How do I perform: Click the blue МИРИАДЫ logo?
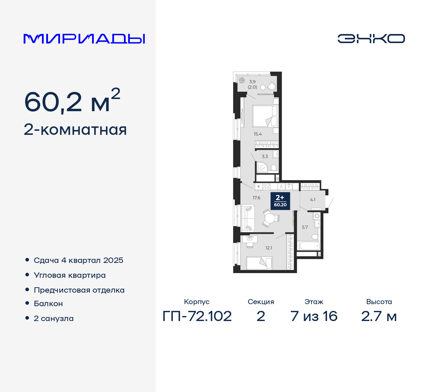tap(84, 39)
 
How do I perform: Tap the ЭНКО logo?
tap(371, 39)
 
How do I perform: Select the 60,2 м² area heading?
tap(72, 101)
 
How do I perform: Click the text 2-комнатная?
tap(75, 130)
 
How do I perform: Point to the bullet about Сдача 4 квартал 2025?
tap(78, 260)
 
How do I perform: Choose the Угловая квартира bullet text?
tap(70, 275)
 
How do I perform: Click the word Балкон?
tap(48, 303)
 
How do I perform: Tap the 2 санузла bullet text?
tap(54, 318)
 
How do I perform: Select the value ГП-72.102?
tap(197, 316)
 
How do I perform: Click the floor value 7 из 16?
tap(314, 316)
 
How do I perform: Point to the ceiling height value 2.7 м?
tap(379, 316)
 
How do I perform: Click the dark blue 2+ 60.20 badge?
tap(280, 200)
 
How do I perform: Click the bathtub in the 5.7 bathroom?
tap(309, 246)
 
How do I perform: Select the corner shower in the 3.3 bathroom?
tap(262, 167)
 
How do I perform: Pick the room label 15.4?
tap(258, 134)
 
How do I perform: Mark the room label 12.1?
tap(269, 248)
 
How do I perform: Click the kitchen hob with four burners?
tap(266, 187)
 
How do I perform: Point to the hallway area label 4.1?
tap(313, 200)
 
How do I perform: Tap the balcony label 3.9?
tap(252, 81)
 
